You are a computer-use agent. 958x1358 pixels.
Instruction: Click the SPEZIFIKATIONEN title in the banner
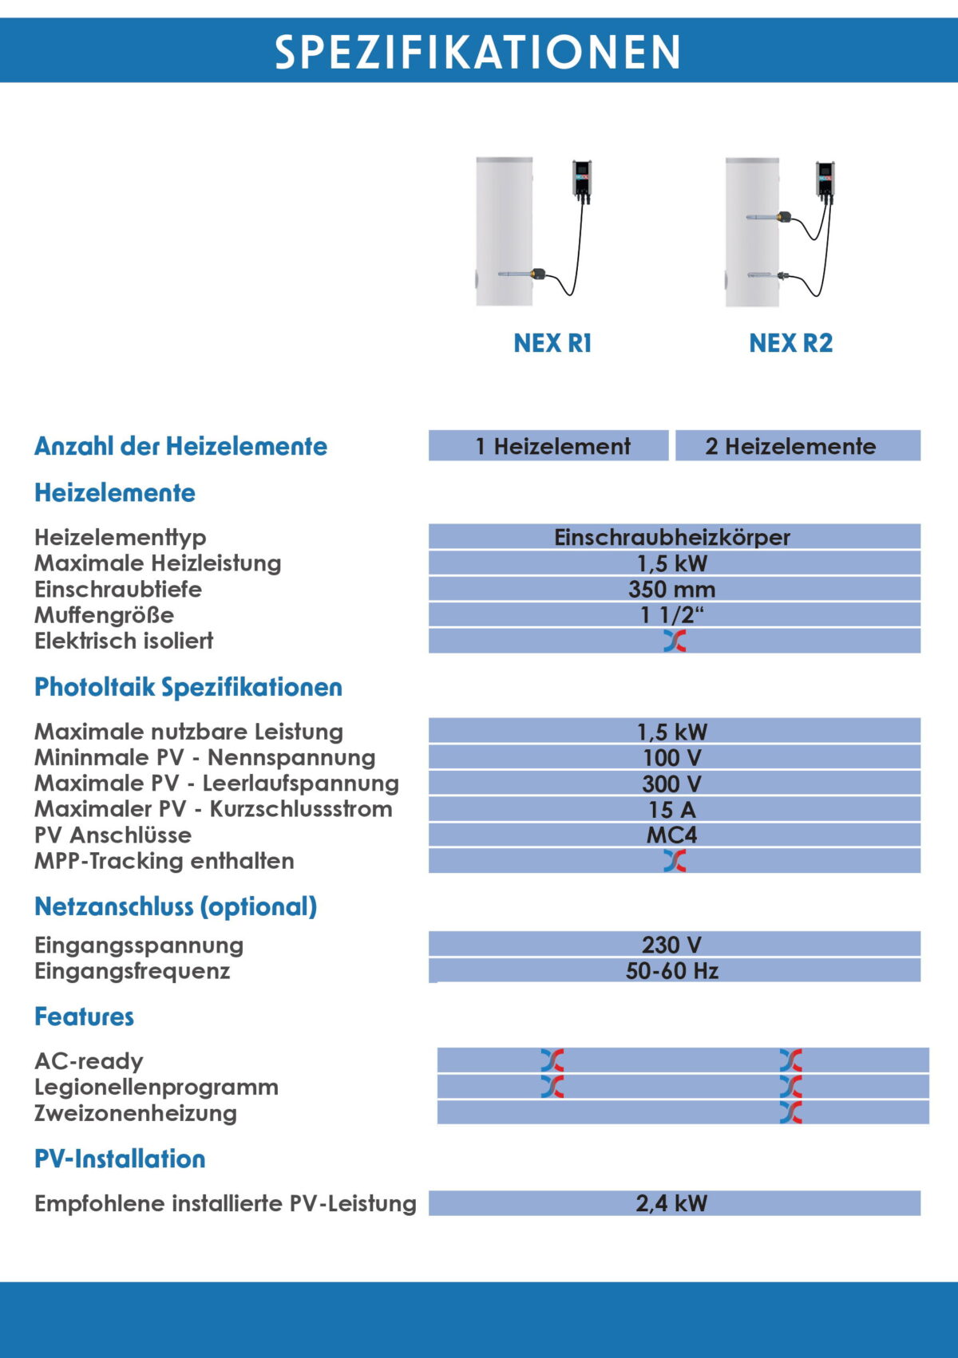pos(478,52)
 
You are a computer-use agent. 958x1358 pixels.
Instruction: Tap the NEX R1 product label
pos(552,343)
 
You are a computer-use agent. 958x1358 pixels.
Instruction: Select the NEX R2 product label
pos(790,343)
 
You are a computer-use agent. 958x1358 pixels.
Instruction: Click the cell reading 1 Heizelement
pos(552,446)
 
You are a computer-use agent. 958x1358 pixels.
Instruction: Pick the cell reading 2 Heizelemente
pos(790,446)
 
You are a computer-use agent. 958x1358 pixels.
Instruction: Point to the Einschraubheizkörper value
pos(672,537)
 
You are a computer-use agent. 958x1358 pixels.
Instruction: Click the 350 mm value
pos(672,590)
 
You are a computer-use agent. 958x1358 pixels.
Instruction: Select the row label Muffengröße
pos(104,615)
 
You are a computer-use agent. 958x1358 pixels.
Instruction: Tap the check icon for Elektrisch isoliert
pos(675,641)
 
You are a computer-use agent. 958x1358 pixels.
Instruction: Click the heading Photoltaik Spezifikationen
pos(188,687)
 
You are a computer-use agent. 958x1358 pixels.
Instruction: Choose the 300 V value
pos(672,784)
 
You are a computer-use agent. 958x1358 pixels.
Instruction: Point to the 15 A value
pos(672,810)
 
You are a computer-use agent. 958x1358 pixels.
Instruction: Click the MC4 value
pos(672,835)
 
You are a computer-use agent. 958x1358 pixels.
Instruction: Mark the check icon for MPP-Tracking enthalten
pos(675,861)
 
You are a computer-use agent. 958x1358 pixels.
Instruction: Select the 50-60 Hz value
pos(672,971)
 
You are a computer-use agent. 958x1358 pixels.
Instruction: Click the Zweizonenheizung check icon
pos(791,1112)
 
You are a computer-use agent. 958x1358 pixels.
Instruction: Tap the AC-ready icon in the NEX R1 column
pos(552,1060)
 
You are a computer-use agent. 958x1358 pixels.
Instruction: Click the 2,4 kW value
pos(672,1203)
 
